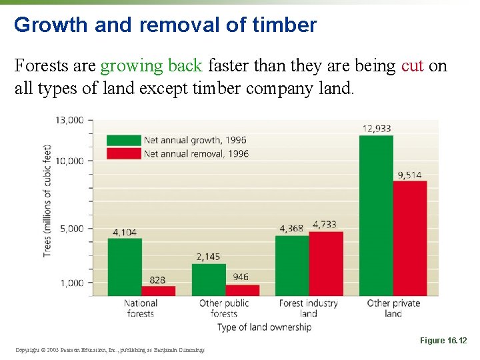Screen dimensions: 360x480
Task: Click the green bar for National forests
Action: pos(125,267)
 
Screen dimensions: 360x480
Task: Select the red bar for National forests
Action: pos(158,291)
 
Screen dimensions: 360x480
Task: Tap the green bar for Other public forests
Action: pos(209,280)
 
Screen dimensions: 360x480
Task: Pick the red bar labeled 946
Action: pos(242,290)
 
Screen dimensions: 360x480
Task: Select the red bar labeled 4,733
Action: pos(326,263)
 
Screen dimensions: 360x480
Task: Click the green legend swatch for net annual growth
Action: pos(123,140)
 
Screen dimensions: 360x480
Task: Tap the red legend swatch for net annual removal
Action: pos(123,153)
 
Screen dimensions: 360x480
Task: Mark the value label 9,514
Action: pos(409,175)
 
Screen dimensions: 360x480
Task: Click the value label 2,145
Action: pos(209,257)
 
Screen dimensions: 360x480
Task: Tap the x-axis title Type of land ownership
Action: pos(264,327)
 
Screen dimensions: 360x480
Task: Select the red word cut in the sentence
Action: pos(412,66)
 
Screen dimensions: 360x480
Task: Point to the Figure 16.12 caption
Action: pos(443,341)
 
